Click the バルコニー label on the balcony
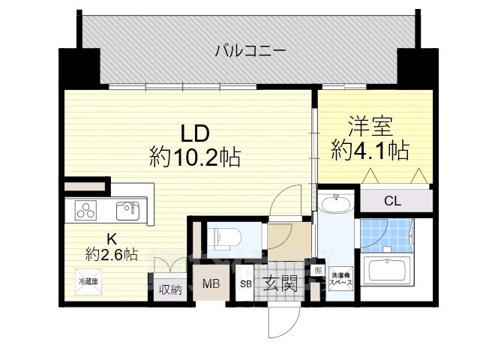click(x=250, y=51)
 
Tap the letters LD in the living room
click(x=194, y=133)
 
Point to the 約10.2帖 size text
click(x=194, y=157)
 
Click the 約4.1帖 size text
click(x=370, y=151)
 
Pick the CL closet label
click(x=392, y=200)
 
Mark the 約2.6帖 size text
click(x=111, y=254)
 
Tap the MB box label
click(x=210, y=285)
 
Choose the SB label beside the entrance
click(x=245, y=285)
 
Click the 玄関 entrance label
click(x=280, y=284)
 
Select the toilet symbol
click(x=224, y=237)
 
